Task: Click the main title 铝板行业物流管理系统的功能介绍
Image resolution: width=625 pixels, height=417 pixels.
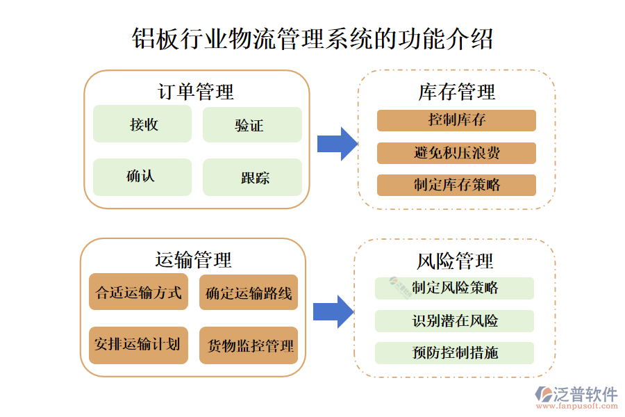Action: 312,39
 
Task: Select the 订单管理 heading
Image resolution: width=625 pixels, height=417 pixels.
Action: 196,91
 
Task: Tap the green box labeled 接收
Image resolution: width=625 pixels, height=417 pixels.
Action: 142,124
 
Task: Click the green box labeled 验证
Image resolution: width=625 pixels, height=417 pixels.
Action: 251,125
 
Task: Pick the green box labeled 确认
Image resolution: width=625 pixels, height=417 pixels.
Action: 142,177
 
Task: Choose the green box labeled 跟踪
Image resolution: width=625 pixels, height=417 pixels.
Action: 251,177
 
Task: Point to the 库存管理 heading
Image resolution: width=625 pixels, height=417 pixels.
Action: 456,92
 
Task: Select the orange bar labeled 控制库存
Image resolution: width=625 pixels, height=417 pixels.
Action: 456,120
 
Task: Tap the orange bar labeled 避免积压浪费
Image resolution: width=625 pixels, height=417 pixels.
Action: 456,153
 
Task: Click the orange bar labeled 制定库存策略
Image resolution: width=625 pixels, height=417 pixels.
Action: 456,185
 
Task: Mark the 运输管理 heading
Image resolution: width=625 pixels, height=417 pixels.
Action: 193,260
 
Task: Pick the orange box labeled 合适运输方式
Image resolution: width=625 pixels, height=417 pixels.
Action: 139,293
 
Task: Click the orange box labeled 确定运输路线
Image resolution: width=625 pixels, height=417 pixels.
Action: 249,293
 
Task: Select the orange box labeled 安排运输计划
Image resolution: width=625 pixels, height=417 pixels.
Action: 139,345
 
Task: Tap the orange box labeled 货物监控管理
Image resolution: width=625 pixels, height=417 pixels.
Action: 249,345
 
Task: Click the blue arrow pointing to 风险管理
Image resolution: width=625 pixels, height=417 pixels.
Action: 333,311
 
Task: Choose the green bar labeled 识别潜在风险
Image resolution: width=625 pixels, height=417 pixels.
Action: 454,321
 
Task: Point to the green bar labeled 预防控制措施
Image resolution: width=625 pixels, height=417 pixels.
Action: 454,353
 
